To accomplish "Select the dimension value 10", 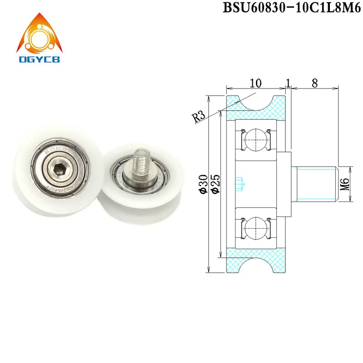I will (255, 83).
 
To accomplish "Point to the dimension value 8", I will (314, 83).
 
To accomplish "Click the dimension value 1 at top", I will (288, 83).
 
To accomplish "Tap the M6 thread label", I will (344, 183).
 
